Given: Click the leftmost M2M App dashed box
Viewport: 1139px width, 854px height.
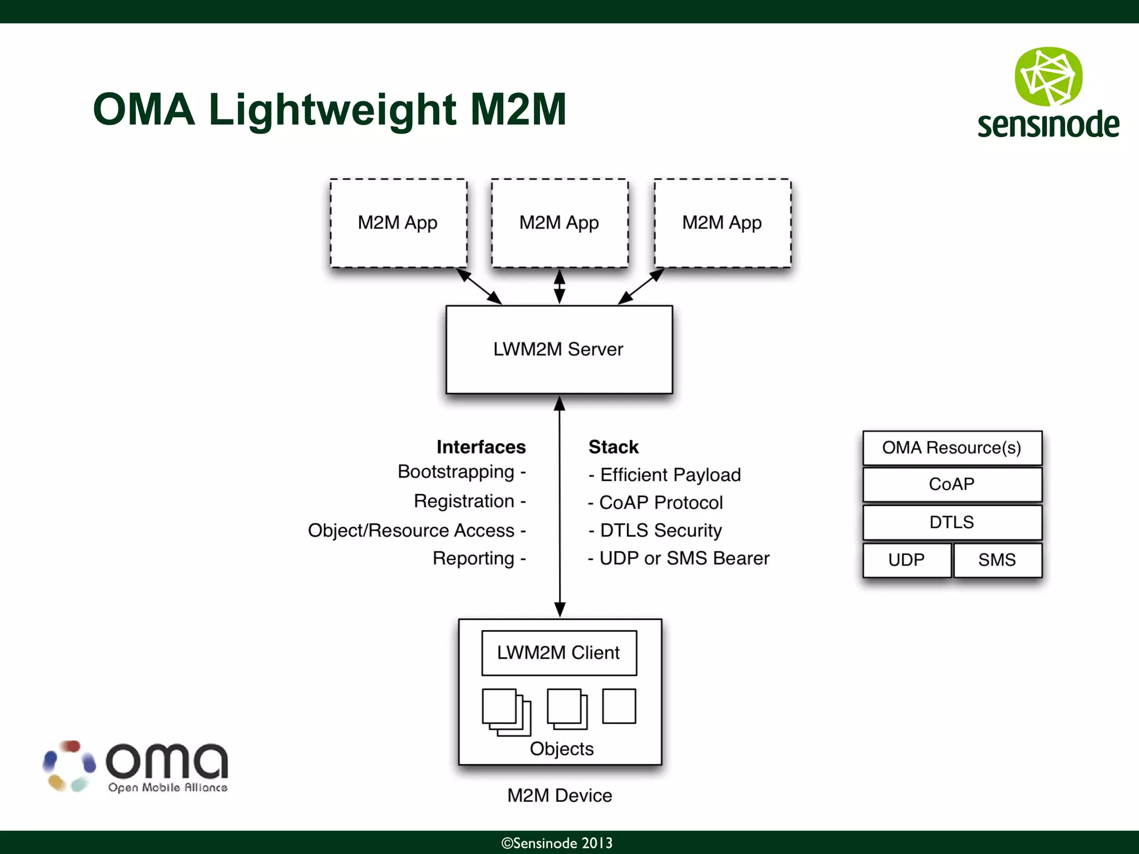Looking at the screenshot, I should [x=398, y=223].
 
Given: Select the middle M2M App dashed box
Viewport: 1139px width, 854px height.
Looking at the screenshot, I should [x=559, y=223].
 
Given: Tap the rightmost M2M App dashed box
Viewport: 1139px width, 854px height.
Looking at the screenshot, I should [x=722, y=223].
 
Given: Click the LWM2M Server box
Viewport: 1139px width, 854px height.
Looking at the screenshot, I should [x=559, y=349].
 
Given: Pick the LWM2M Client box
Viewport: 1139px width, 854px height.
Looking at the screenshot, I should [x=559, y=653].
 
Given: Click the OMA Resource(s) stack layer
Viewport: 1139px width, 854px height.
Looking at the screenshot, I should [x=952, y=448].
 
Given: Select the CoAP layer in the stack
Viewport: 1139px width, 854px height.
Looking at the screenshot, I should [x=952, y=484].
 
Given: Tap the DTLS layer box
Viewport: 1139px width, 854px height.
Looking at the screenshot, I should [x=952, y=522].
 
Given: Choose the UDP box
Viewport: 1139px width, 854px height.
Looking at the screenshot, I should [x=907, y=560].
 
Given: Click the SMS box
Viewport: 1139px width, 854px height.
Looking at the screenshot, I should [x=997, y=560].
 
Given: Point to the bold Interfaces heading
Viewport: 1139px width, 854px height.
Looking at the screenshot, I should [x=481, y=447].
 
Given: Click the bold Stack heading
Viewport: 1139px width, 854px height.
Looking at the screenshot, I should [x=613, y=447].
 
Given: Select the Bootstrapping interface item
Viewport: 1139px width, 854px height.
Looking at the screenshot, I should [x=456, y=471].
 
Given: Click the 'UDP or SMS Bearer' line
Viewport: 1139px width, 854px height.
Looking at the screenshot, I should [x=684, y=558].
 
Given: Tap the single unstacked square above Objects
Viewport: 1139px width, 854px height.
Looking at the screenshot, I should [x=619, y=706].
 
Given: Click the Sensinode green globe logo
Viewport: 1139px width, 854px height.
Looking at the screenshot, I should [x=1048, y=77].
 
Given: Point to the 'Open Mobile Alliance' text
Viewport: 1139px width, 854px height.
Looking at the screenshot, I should [x=167, y=787].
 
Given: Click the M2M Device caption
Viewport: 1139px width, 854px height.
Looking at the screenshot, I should [x=559, y=796].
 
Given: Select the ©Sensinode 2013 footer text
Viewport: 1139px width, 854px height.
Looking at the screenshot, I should [x=557, y=843].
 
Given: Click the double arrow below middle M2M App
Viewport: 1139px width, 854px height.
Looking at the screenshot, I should [x=559, y=286].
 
